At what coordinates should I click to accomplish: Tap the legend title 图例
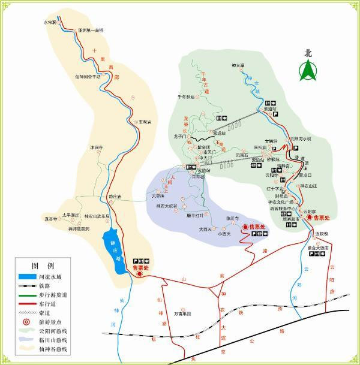pyautogui.click(x=43, y=265)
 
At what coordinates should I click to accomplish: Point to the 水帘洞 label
pyautogui.click(x=49, y=22)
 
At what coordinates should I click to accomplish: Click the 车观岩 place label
pyautogui.click(x=145, y=122)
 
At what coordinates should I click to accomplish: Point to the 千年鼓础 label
pyautogui.click(x=186, y=96)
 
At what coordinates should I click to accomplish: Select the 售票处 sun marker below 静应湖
pyautogui.click(x=140, y=274)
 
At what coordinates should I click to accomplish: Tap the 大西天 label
pyautogui.click(x=205, y=228)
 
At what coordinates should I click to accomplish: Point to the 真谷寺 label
pyautogui.click(x=50, y=219)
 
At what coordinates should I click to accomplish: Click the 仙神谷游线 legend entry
pyautogui.click(x=53, y=349)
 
